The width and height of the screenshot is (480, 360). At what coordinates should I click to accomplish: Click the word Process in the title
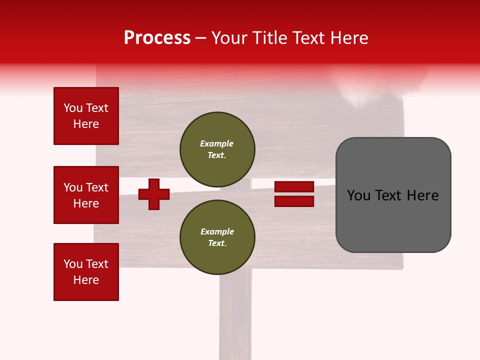pyautogui.click(x=157, y=38)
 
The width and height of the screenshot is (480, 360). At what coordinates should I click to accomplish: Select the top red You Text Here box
pyautogui.click(x=86, y=116)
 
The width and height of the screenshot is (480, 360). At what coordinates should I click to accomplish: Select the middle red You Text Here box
pyautogui.click(x=86, y=195)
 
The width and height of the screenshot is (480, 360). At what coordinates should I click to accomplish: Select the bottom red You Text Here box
pyautogui.click(x=86, y=272)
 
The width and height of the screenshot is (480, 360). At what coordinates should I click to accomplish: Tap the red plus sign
pyautogui.click(x=154, y=194)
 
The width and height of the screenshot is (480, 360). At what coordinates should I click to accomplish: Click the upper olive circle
pyautogui.click(x=217, y=149)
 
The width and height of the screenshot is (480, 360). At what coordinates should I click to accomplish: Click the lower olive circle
pyautogui.click(x=217, y=237)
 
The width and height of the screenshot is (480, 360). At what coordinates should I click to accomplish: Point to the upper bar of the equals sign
pyautogui.click(x=294, y=186)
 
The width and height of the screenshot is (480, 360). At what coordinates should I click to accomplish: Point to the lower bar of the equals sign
pyautogui.click(x=294, y=201)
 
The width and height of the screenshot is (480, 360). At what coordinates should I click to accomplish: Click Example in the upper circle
pyautogui.click(x=216, y=143)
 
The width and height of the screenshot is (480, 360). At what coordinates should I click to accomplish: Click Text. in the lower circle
pyautogui.click(x=217, y=243)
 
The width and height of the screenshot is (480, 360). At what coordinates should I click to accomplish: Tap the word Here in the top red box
pyautogui.click(x=86, y=124)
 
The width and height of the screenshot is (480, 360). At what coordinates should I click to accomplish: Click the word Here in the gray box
pyautogui.click(x=422, y=195)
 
